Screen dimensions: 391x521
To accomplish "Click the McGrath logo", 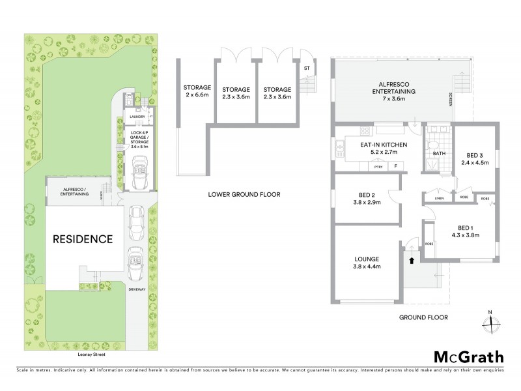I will (469, 356).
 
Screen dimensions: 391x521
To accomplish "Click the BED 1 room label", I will (466, 232).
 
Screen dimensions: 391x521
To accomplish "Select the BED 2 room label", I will (365, 199).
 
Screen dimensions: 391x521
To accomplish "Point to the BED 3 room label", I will (473, 159).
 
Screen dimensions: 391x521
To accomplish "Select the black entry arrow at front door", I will (411, 260).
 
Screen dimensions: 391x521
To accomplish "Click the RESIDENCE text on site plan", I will (83, 239).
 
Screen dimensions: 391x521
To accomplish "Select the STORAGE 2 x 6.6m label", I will (197, 91).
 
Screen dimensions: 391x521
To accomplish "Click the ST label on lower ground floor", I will (306, 67).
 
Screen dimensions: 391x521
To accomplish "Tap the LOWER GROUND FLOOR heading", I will (244, 194).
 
